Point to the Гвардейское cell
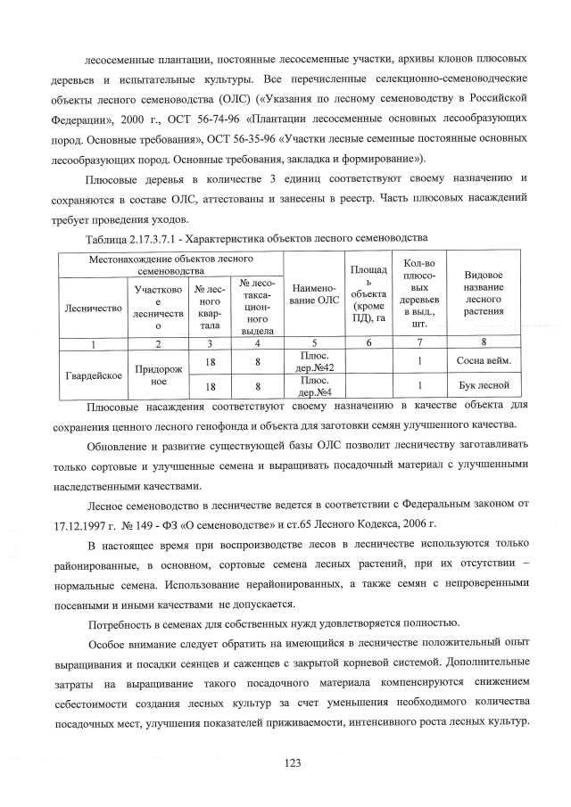[94, 374]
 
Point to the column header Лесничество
[94, 308]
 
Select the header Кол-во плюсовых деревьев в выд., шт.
[418, 293]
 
